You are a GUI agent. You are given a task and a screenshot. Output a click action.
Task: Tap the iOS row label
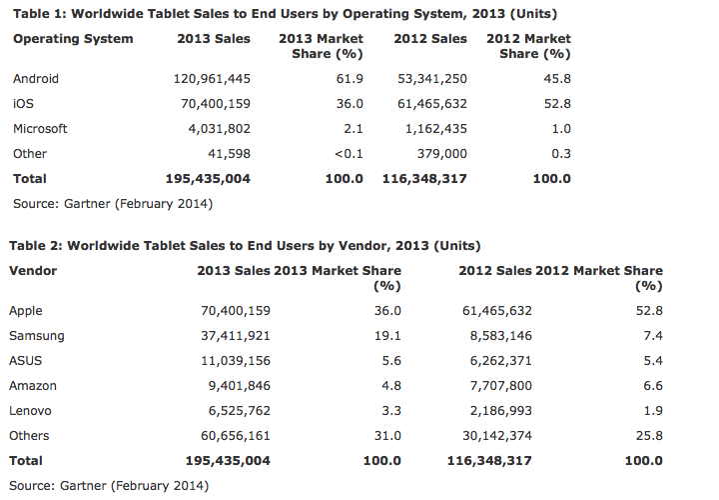coord(22,103)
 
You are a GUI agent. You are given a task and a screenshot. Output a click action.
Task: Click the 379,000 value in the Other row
coord(440,154)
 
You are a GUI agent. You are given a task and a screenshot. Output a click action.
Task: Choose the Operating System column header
coord(72,39)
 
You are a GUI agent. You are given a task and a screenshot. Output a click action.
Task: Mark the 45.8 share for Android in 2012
coord(557,78)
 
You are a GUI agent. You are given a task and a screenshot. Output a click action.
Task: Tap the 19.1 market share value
coord(387,336)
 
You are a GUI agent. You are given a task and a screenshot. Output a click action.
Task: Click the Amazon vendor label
coord(34,386)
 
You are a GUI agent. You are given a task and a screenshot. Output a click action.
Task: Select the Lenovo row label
coord(31,411)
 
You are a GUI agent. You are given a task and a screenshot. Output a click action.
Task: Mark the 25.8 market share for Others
coord(648,436)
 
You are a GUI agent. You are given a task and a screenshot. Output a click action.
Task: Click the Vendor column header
coord(33,271)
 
